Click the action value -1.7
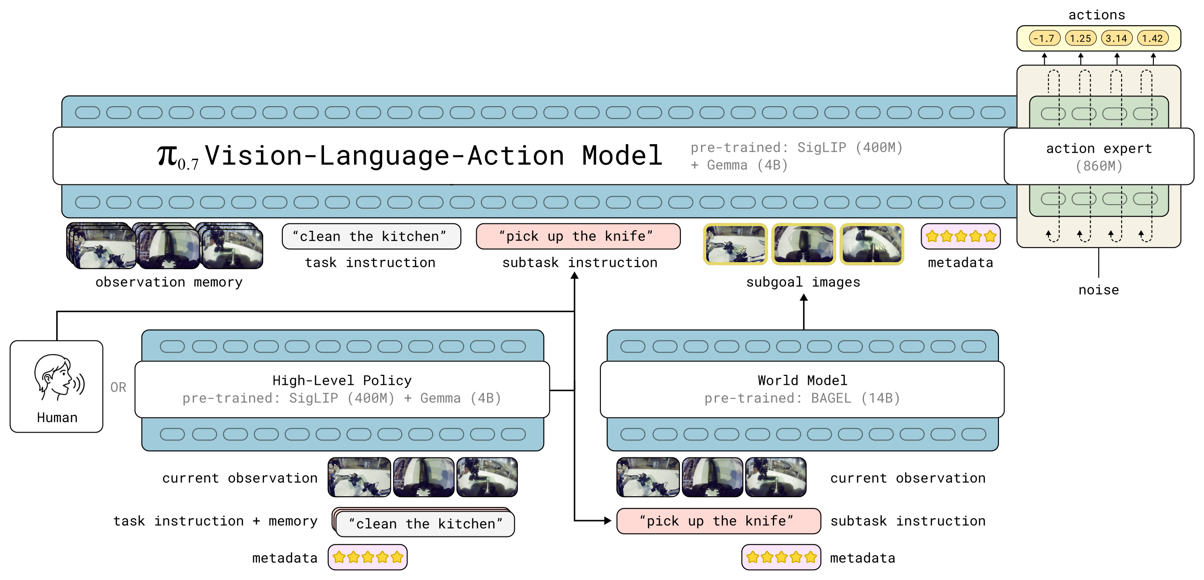pos(1044,38)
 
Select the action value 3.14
pos(1116,38)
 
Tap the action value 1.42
pos(1152,38)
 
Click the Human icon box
pos(57,386)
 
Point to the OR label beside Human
pos(118,387)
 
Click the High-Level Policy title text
pos(342,380)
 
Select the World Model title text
pos(802,380)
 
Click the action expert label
pos(1099,148)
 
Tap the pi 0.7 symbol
pos(177,157)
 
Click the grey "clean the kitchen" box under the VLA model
pos(371,236)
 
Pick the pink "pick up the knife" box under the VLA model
pos(578,236)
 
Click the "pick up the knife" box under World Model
pos(718,521)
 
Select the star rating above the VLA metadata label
pos(960,236)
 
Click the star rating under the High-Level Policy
pos(368,557)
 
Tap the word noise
pos(1098,290)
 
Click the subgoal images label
pos(803,282)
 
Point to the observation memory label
pos(169,282)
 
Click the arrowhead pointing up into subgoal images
pos(804,297)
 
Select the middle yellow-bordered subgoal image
pos(804,244)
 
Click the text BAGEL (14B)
pos(856,398)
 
